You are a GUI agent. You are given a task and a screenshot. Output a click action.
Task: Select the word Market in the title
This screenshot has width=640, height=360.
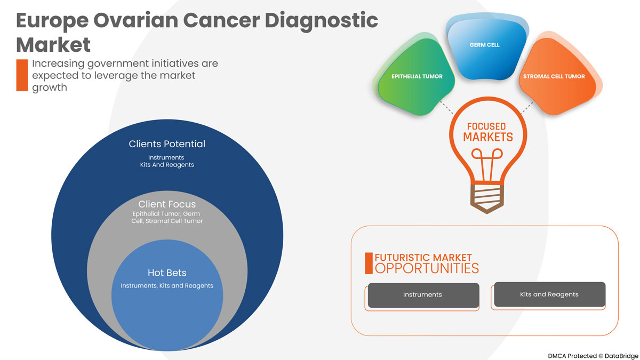pyautogui.click(x=54, y=44)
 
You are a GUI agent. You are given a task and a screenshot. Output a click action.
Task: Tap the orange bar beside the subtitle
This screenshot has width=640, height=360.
pyautogui.click(x=21, y=75)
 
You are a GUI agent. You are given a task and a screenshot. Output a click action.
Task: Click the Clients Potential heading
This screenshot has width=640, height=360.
pyautogui.click(x=167, y=144)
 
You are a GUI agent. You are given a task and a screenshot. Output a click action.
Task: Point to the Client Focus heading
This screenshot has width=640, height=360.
pyautogui.click(x=167, y=204)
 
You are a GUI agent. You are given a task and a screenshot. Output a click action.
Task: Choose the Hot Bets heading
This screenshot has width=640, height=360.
pyautogui.click(x=167, y=273)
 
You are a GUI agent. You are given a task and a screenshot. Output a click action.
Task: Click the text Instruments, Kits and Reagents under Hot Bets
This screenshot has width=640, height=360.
pyautogui.click(x=167, y=286)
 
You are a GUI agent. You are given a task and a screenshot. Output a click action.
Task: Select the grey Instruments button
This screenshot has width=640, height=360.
pyautogui.click(x=422, y=295)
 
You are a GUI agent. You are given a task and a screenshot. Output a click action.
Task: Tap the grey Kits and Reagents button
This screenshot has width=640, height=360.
pyautogui.click(x=549, y=294)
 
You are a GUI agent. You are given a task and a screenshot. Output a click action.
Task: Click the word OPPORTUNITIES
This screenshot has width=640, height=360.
pyautogui.click(x=427, y=268)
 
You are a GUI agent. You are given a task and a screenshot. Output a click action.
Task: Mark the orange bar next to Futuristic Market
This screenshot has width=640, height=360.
pyautogui.click(x=369, y=263)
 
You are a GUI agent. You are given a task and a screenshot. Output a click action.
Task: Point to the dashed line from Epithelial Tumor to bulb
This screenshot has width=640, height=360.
pyautogui.click(x=446, y=106)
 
